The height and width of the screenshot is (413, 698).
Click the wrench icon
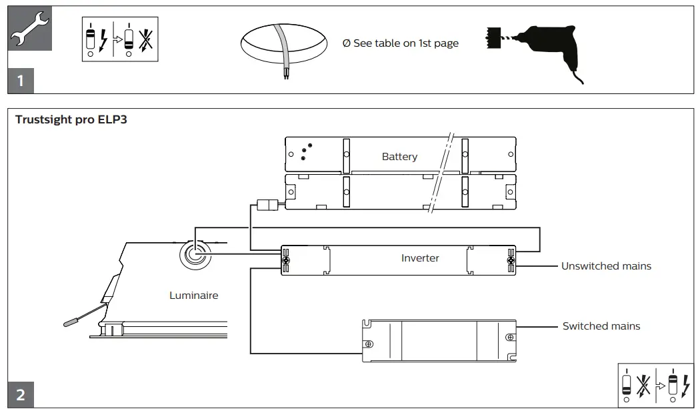coord(30,29)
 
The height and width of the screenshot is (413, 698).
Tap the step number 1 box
coord(21,81)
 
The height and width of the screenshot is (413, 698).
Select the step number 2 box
coord(21,394)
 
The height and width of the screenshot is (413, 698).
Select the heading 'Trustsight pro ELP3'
coord(71,119)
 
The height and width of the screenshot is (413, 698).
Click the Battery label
coord(400,156)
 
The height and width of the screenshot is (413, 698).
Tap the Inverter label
coord(420,258)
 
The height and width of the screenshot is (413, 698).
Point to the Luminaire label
coord(193,296)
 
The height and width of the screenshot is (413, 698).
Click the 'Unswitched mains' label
coord(606,266)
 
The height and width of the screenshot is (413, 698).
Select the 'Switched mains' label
coord(601,326)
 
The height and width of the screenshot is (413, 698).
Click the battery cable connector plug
coord(267,205)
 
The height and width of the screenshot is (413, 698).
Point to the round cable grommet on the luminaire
coord(195,255)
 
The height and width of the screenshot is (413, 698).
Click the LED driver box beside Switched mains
coord(439,341)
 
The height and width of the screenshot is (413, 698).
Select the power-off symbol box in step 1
coord(120,39)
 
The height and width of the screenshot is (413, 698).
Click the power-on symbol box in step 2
coord(656,386)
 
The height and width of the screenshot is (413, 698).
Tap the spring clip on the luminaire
coord(87,314)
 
